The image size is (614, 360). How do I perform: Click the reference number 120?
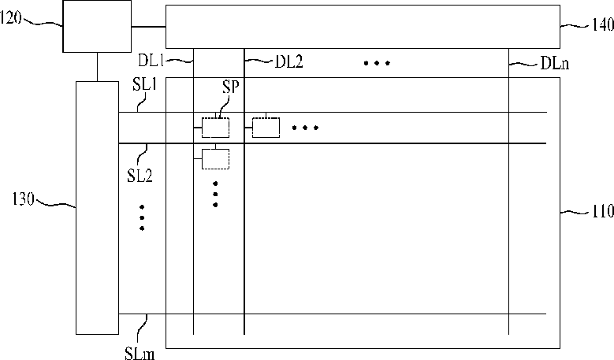10,18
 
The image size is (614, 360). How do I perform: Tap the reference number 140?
602,24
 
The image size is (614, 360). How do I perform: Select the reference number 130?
23,199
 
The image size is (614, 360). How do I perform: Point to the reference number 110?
602,211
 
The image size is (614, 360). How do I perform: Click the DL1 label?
151,60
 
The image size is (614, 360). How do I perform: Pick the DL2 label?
289,61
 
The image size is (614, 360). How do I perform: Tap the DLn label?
555,63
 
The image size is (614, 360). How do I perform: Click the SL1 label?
144,85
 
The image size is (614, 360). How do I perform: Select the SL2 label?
140,176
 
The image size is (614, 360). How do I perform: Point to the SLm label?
140,354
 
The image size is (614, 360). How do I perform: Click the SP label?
230,87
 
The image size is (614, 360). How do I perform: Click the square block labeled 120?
97,26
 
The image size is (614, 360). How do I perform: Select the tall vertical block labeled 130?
97,208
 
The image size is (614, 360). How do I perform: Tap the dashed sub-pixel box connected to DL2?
266,128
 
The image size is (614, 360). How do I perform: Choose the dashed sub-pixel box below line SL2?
215,159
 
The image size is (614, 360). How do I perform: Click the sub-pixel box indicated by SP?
215,128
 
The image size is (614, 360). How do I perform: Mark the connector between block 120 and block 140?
148,27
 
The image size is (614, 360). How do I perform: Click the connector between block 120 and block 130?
97,67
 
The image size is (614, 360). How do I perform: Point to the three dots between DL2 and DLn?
377,63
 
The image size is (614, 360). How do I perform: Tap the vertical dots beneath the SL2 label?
142,217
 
